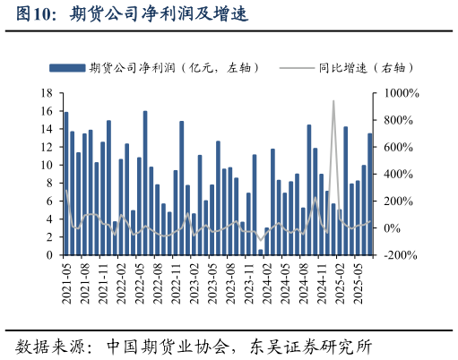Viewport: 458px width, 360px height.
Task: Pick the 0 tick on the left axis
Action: (x=51, y=255)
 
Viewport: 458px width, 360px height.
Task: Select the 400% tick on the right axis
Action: (x=397, y=175)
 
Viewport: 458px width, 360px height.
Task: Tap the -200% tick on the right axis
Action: (x=399, y=255)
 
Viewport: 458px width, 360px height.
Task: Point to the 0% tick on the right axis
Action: (x=393, y=228)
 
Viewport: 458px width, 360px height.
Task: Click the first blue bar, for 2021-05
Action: (x=66, y=184)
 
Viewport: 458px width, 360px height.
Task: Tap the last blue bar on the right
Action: (x=370, y=194)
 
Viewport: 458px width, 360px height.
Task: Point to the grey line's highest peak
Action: (x=333, y=101)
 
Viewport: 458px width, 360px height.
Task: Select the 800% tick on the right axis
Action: (x=397, y=120)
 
